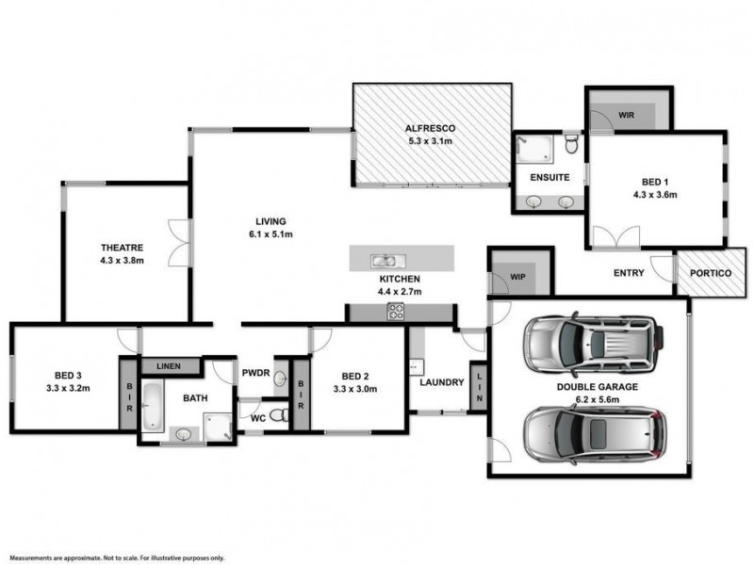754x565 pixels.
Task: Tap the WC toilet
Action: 276,414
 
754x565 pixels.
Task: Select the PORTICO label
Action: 710,273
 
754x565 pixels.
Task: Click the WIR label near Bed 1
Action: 627,115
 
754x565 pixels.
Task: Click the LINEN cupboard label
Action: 171,365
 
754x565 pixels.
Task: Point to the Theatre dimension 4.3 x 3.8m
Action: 123,261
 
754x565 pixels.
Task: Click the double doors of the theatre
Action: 176,242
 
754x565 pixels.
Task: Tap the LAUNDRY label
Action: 440,382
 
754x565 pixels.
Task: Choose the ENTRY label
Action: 629,273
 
